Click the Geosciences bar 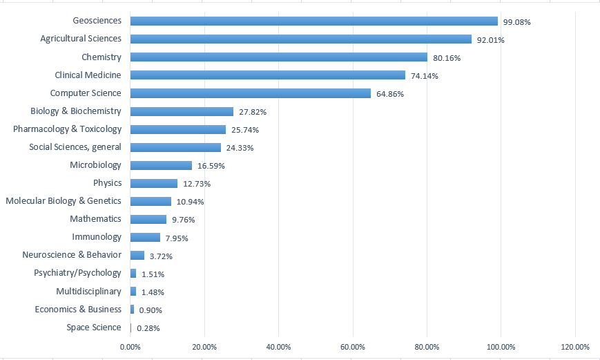coord(313,21)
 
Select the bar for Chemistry coord(279,57)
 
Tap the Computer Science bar coord(251,93)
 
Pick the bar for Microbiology coord(161,165)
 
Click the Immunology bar coord(145,237)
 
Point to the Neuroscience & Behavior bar coord(137,255)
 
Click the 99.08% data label coord(517,22)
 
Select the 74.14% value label coord(425,76)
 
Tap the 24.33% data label coord(240,148)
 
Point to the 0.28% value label coord(148,328)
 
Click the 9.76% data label coord(183,220)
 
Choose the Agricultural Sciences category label coord(81,39)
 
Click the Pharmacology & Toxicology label coord(68,129)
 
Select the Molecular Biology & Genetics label coord(64,201)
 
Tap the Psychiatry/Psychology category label coord(78,273)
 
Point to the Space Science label coord(94,328)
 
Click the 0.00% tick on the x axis coord(130,348)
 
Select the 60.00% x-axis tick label coord(353,348)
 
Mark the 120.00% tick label coord(575,348)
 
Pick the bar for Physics coord(154,183)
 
